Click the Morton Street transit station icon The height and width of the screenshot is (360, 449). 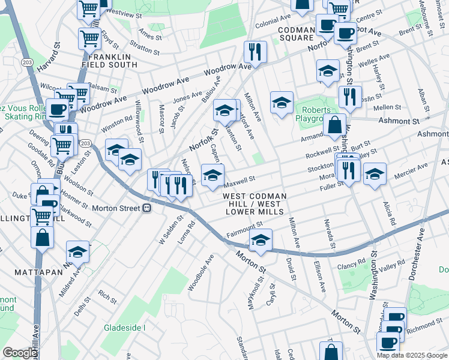click(146, 208)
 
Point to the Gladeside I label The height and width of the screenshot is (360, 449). click(125, 328)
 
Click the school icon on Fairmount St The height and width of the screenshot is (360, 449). click(261, 241)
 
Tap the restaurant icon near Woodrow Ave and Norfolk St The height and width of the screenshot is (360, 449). click(255, 52)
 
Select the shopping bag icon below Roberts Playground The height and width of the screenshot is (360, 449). click(335, 126)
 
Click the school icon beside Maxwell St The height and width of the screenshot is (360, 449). click(212, 176)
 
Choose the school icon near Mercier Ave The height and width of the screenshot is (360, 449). click(375, 175)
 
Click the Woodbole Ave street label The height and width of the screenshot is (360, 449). click(201, 273)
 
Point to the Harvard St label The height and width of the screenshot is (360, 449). click(50, 58)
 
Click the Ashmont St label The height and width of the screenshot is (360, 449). click(398, 121)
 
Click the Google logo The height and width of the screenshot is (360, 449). click(20, 353)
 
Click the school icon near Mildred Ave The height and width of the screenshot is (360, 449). click(77, 252)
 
